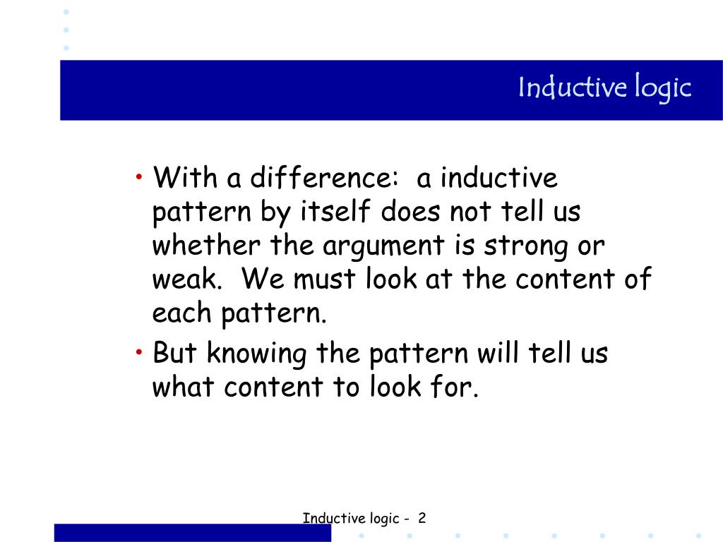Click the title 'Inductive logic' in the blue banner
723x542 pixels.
(x=604, y=89)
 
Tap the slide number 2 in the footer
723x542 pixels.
(x=422, y=519)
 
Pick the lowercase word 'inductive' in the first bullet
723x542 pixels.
(x=498, y=178)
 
